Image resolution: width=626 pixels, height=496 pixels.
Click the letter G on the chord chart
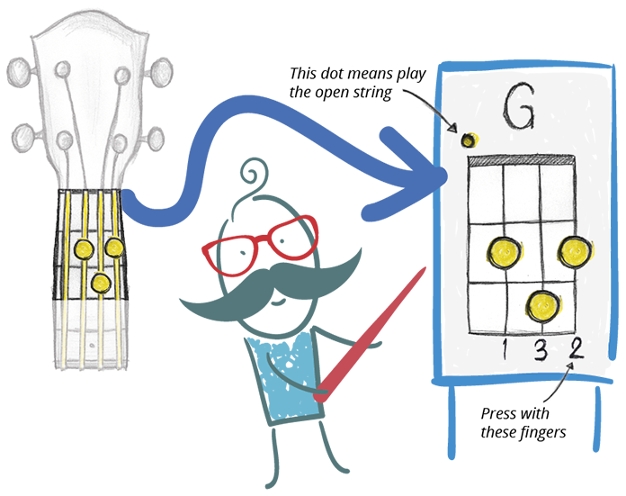point(519,107)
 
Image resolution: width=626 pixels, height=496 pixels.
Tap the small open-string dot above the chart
point(469,140)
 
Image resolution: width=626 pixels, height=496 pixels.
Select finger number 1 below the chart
point(505,348)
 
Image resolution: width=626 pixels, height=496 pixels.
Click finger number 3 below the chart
point(541,349)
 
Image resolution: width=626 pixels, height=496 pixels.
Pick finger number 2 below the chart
point(577,348)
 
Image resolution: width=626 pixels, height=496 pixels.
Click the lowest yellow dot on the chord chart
point(542,307)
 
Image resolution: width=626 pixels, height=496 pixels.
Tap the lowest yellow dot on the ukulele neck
point(100,283)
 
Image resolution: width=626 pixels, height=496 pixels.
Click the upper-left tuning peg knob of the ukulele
point(19,72)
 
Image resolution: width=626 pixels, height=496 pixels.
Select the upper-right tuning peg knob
point(161,72)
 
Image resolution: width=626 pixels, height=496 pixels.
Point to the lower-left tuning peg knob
point(23,138)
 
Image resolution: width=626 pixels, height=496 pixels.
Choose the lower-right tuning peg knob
point(156,138)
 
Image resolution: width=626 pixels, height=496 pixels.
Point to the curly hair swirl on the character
point(253,176)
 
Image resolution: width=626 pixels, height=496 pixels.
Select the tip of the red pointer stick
point(424,269)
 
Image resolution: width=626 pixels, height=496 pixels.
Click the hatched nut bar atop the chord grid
point(522,160)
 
